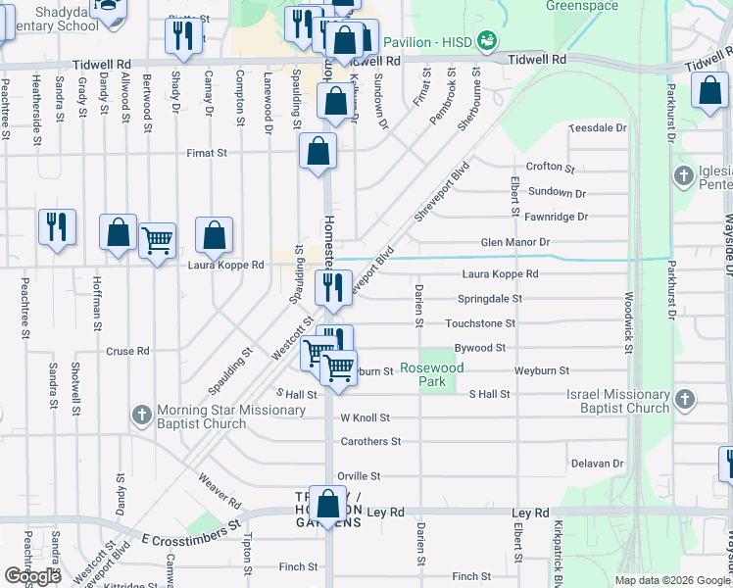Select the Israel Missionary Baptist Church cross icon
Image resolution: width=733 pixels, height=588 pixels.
(684, 399)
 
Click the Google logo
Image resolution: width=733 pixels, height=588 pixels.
(32, 576)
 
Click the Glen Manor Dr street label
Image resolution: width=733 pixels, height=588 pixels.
(515, 242)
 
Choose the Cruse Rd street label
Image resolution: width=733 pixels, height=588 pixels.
(127, 351)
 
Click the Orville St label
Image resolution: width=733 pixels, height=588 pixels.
(358, 476)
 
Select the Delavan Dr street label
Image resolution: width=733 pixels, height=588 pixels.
(597, 463)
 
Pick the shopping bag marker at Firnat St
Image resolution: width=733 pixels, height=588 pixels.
(318, 151)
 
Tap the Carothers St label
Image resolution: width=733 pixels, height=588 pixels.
(370, 442)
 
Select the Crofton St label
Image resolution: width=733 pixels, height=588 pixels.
(550, 169)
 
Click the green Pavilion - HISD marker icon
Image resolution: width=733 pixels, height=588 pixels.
(486, 40)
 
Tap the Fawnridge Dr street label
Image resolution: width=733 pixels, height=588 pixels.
(556, 217)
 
